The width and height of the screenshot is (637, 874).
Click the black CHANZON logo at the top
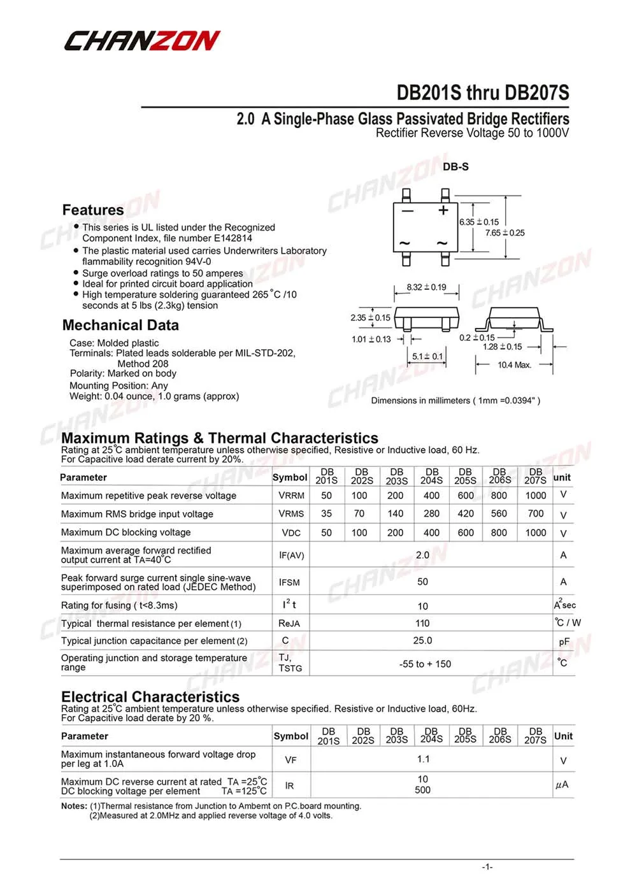tap(141, 41)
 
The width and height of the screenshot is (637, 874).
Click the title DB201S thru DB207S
tap(482, 93)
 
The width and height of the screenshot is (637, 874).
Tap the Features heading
tap(93, 210)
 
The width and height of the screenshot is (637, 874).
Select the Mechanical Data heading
tap(120, 326)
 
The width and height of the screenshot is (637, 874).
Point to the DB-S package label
tap(455, 167)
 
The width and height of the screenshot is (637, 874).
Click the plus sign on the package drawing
tap(443, 210)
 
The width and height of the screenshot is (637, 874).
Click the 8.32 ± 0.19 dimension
tap(426, 287)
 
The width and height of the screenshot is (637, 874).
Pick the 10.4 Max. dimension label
tap(514, 365)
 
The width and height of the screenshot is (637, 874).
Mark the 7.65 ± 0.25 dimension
tap(505, 233)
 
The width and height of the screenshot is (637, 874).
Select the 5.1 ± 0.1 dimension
tap(427, 357)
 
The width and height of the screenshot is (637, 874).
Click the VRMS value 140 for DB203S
tap(396, 513)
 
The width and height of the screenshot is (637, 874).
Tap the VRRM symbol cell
tap(291, 496)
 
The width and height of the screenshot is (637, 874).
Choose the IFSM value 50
tap(422, 582)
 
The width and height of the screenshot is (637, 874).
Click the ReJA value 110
tap(422, 624)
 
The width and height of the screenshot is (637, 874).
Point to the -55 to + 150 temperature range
tap(425, 664)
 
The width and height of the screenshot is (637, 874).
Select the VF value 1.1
tap(424, 759)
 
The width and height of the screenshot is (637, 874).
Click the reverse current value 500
tap(422, 791)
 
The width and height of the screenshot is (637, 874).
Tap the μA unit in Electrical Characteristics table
tap(562, 785)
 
